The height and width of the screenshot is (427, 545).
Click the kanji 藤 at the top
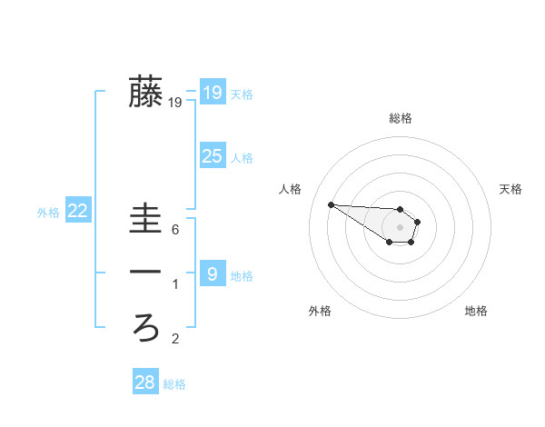tap(145, 92)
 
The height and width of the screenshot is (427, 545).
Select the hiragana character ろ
tap(145, 326)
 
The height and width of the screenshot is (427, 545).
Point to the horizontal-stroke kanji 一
tap(145, 273)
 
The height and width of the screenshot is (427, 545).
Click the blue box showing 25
tap(212, 156)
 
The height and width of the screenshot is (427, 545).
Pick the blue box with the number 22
tap(78, 211)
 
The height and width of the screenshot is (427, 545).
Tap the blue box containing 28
tap(144, 382)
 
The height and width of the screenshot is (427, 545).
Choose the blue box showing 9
tap(212, 273)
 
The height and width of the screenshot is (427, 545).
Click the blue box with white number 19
tap(212, 93)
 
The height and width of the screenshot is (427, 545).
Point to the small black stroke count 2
tap(175, 340)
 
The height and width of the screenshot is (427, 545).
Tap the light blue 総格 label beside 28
tap(174, 384)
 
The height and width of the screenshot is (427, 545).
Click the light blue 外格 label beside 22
tap(48, 213)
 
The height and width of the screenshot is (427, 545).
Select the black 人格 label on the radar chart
tap(291, 189)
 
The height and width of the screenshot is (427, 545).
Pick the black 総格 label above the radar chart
tap(401, 118)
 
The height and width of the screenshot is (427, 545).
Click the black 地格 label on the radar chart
tap(476, 311)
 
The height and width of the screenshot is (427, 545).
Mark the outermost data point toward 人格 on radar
tap(331, 204)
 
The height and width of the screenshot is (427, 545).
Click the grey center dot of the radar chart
tap(400, 226)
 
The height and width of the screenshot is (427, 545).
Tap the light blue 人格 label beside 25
tap(242, 158)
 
